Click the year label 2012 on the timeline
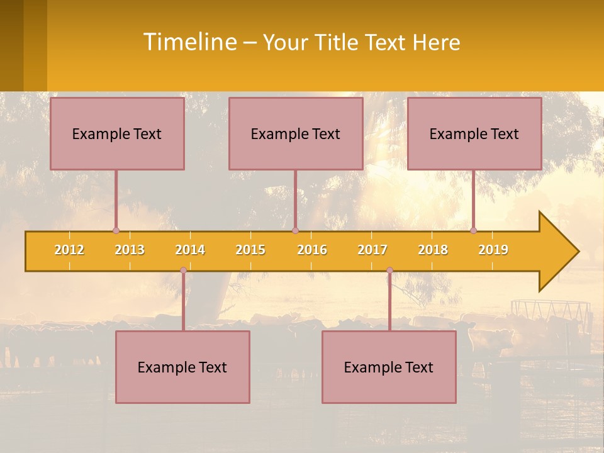point(69,250)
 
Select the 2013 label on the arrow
point(130,250)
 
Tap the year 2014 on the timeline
point(190,250)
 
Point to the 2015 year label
point(250,250)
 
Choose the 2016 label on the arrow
point(312,250)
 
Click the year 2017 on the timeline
point(372,250)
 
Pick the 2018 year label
point(433,250)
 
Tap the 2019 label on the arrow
point(493,250)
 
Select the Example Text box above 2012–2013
point(117,133)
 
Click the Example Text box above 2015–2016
point(296,133)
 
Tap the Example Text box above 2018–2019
point(474,133)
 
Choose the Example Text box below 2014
point(182,367)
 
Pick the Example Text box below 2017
point(389,367)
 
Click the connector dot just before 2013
point(116,230)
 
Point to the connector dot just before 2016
point(295,230)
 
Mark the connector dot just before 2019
point(473,230)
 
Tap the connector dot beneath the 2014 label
point(183,271)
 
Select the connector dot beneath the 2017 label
point(389,271)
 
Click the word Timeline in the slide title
point(189,42)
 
